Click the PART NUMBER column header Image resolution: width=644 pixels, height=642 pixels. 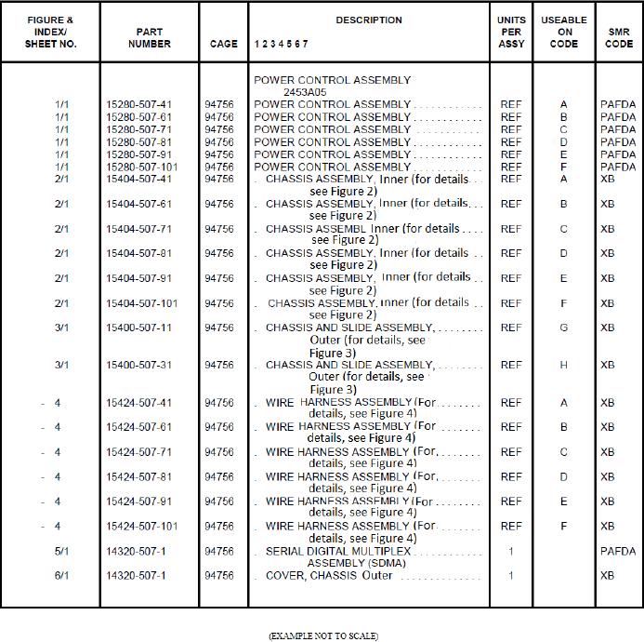(x=149, y=37)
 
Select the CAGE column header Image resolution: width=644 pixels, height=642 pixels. (x=223, y=44)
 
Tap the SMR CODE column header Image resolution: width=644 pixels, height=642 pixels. (x=618, y=37)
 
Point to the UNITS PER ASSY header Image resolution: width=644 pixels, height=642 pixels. (x=511, y=32)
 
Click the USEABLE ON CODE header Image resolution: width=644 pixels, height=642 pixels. (x=564, y=32)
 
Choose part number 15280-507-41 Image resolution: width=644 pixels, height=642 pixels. (x=138, y=105)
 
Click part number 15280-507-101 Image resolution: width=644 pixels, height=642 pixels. (x=141, y=167)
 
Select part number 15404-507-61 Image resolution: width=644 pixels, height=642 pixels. (x=138, y=204)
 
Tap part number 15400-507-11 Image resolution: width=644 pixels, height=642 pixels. (x=138, y=328)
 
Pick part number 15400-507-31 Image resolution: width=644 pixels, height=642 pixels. (x=138, y=365)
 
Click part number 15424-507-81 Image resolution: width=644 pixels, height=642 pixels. (x=138, y=476)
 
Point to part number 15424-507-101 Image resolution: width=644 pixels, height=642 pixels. (x=141, y=526)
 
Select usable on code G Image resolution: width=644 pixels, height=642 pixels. (x=564, y=328)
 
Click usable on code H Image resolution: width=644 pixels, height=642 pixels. (x=564, y=365)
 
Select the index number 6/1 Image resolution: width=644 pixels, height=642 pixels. (x=61, y=575)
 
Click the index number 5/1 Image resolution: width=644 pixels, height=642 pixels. (x=61, y=551)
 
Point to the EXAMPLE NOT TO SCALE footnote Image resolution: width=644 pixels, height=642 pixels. (x=322, y=635)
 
